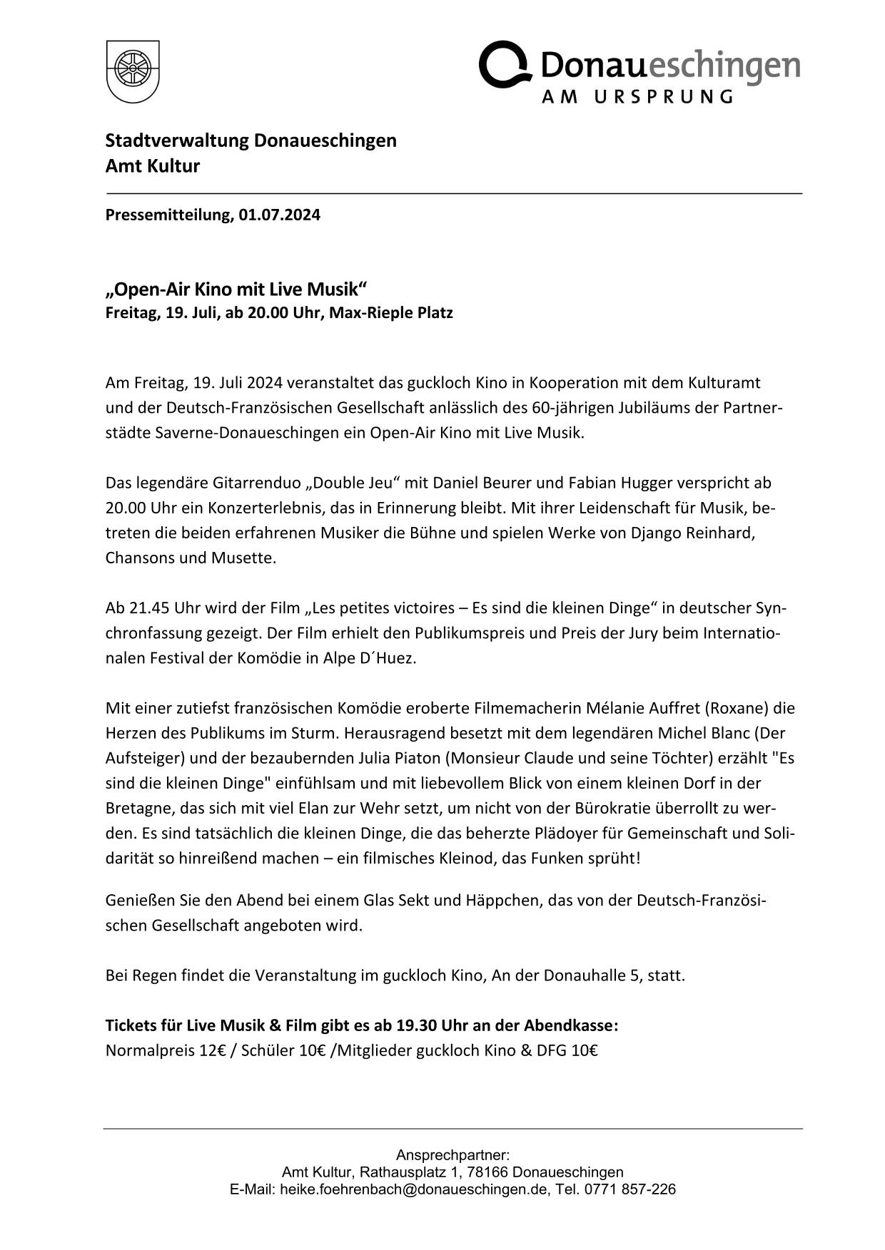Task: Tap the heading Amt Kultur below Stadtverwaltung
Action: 153,166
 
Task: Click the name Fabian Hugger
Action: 620,483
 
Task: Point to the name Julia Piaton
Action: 403,758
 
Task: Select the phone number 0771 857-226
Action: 629,1189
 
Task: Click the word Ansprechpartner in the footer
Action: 452,1154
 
